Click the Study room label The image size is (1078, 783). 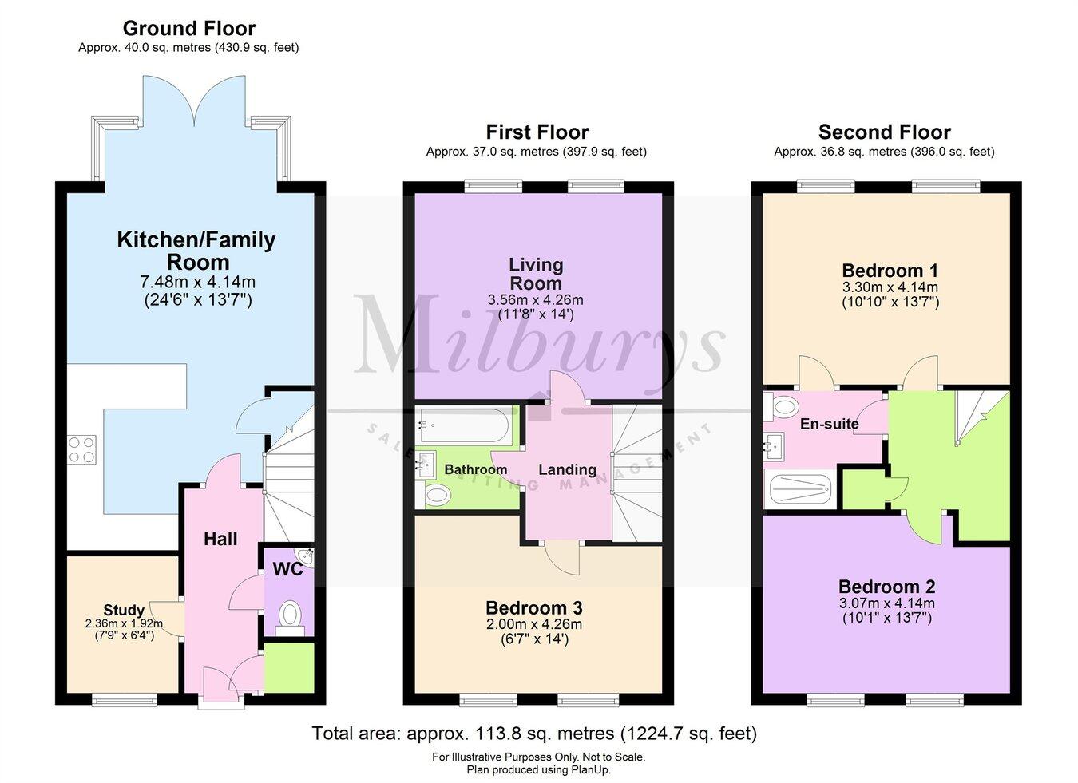(x=124, y=611)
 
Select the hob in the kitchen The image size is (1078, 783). (x=81, y=449)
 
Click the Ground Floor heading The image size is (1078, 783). (x=188, y=29)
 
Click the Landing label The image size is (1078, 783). (x=567, y=469)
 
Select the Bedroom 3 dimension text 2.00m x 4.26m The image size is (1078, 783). (x=535, y=624)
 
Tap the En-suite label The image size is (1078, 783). (x=829, y=424)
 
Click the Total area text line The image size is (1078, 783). (x=533, y=733)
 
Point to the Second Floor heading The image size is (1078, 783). (x=885, y=132)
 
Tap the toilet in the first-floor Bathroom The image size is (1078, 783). (x=438, y=496)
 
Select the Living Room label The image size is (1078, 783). (x=536, y=274)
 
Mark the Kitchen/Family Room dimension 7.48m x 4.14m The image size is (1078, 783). (x=197, y=283)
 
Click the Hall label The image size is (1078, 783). (x=220, y=539)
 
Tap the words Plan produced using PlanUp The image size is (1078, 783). (x=539, y=770)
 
